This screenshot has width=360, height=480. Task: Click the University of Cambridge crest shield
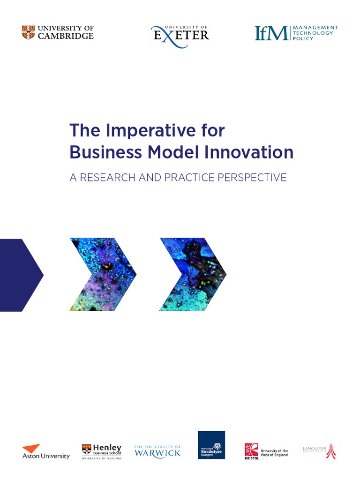point(28,32)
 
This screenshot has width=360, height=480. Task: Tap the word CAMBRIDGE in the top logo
point(65,36)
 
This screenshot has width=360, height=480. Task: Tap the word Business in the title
point(97,153)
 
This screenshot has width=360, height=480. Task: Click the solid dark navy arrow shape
point(19,275)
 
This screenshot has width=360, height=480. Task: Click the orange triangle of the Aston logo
point(32,448)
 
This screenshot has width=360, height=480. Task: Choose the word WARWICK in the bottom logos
point(157,453)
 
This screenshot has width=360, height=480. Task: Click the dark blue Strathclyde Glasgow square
point(211,445)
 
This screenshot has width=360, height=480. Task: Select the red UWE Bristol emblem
point(251,451)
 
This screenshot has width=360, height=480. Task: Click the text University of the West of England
point(274,453)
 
